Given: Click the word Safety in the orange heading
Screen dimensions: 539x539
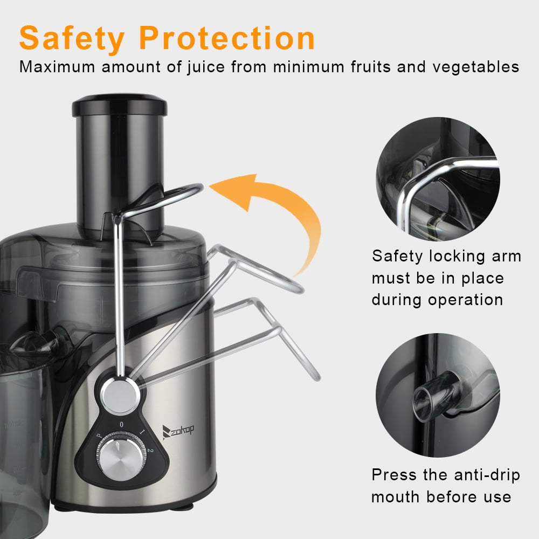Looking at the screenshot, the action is pos(72,38).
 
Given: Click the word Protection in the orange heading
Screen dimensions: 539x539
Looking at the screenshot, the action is pos(227,38).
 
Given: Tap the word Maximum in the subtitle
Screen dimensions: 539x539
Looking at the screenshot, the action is pos(57,67).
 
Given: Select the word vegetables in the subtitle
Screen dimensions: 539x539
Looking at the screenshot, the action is pos(476,67).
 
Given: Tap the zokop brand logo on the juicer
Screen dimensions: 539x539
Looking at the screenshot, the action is pos(178,431).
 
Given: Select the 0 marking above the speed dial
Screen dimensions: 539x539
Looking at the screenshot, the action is pos(121,425).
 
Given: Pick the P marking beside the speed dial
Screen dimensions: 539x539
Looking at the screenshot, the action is pos(99,436).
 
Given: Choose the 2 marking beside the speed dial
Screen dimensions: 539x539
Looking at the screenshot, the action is pos(150,450).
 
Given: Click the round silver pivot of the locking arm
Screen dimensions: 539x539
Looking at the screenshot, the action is pos(120,395).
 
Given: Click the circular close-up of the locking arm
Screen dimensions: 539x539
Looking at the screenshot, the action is pos(438,179).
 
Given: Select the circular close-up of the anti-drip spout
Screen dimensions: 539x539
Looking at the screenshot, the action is pos(438,395).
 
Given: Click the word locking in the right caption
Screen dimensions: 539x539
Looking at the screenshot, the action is pos(457,257).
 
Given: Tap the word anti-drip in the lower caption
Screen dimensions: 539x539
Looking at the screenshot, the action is pos(487,475).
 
